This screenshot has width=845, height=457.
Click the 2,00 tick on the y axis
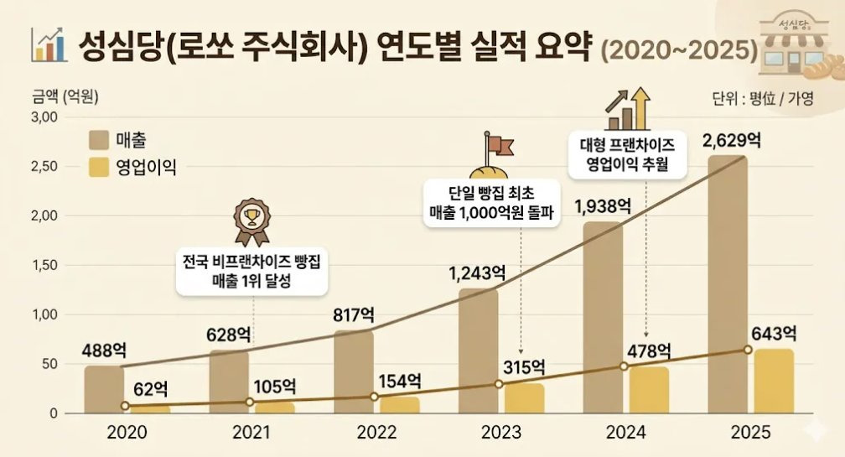[x=44, y=216]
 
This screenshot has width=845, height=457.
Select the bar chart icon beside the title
[x=48, y=45]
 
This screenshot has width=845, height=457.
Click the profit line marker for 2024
[x=624, y=366]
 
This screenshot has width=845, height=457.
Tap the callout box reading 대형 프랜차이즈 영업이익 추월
[x=627, y=154]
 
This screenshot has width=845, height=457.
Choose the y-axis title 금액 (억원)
[x=65, y=96]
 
